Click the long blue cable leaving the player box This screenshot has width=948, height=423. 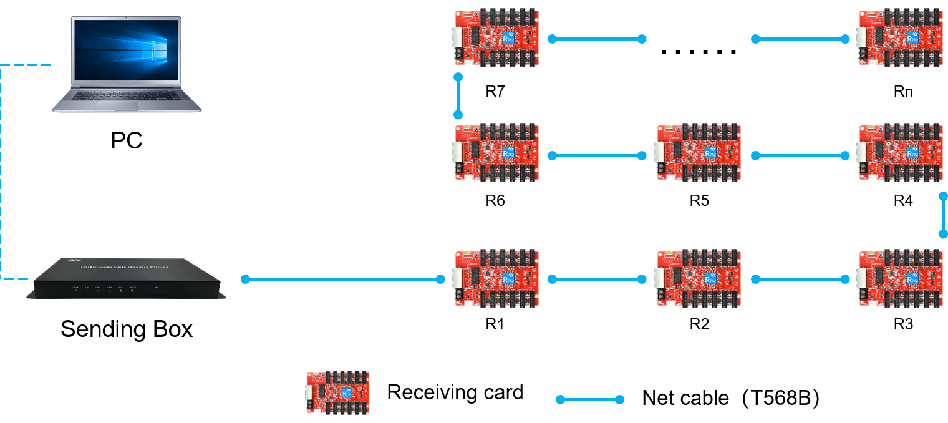click(343, 279)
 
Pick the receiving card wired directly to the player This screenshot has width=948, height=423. click(496, 279)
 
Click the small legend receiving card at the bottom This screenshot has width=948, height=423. click(338, 392)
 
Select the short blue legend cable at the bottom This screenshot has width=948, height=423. click(589, 399)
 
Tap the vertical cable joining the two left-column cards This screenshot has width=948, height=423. click(458, 96)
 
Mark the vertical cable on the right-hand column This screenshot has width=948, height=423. click(943, 215)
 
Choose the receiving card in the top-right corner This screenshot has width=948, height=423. click(900, 38)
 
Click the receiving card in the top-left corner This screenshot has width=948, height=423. click(496, 38)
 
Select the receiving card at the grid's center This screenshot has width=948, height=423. click(699, 153)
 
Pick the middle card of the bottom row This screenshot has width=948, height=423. click(699, 279)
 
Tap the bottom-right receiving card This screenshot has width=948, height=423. click(900, 279)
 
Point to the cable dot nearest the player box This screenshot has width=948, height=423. click(245, 279)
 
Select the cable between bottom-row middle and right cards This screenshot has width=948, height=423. click(800, 279)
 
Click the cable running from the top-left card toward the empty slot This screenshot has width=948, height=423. click(597, 39)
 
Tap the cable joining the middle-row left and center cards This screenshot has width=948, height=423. click(597, 155)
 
